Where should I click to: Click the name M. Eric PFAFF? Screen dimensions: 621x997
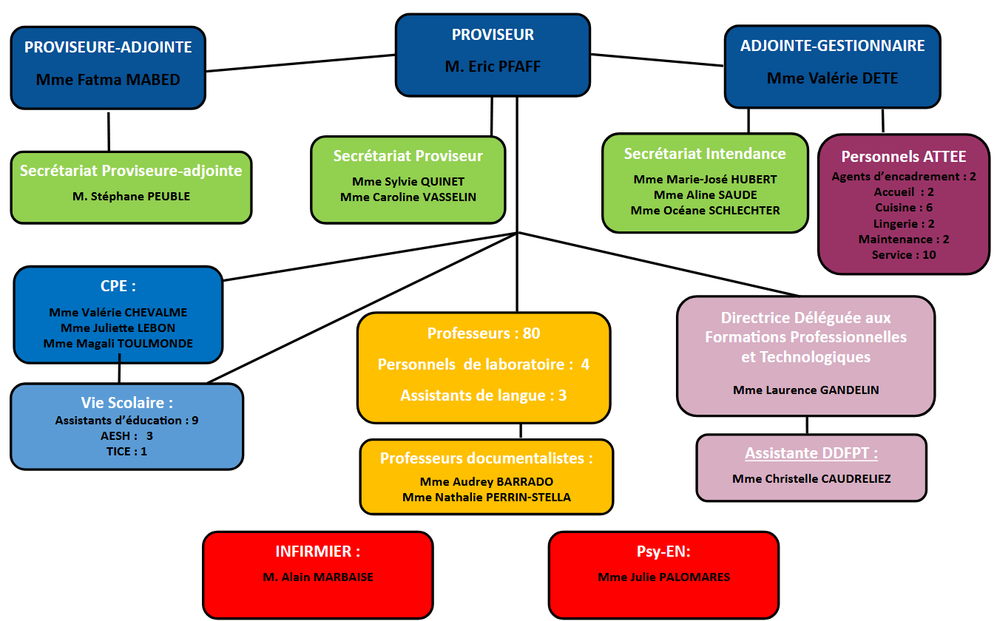tap(493, 67)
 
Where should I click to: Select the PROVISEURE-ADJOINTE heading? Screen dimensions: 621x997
tap(108, 47)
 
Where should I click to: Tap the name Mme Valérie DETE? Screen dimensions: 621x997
tap(832, 78)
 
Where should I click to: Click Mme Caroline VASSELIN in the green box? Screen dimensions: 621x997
tap(408, 197)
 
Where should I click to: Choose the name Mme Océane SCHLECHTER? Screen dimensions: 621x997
tap(705, 210)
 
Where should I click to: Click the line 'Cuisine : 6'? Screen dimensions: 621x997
tap(903, 208)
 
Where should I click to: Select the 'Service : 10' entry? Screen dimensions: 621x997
tap(903, 254)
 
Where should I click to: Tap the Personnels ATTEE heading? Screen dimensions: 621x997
tap(903, 157)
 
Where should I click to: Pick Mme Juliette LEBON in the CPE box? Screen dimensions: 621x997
tap(118, 328)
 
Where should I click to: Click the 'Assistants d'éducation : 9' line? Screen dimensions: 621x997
tap(126, 420)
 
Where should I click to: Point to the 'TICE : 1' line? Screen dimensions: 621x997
tap(126, 451)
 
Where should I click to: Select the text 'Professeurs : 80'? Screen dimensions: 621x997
tap(484, 333)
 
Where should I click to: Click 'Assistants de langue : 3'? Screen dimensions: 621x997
tap(484, 396)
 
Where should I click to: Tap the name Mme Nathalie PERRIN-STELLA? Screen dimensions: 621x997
tap(487, 497)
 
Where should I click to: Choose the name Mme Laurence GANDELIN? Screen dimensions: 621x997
tap(805, 390)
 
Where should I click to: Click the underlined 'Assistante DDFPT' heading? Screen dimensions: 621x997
tap(811, 453)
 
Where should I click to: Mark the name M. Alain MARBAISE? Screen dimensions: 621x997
tap(318, 577)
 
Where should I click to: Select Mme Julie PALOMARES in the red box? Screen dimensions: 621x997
tap(663, 577)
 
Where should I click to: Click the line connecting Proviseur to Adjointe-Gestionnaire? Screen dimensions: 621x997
tap(657, 60)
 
